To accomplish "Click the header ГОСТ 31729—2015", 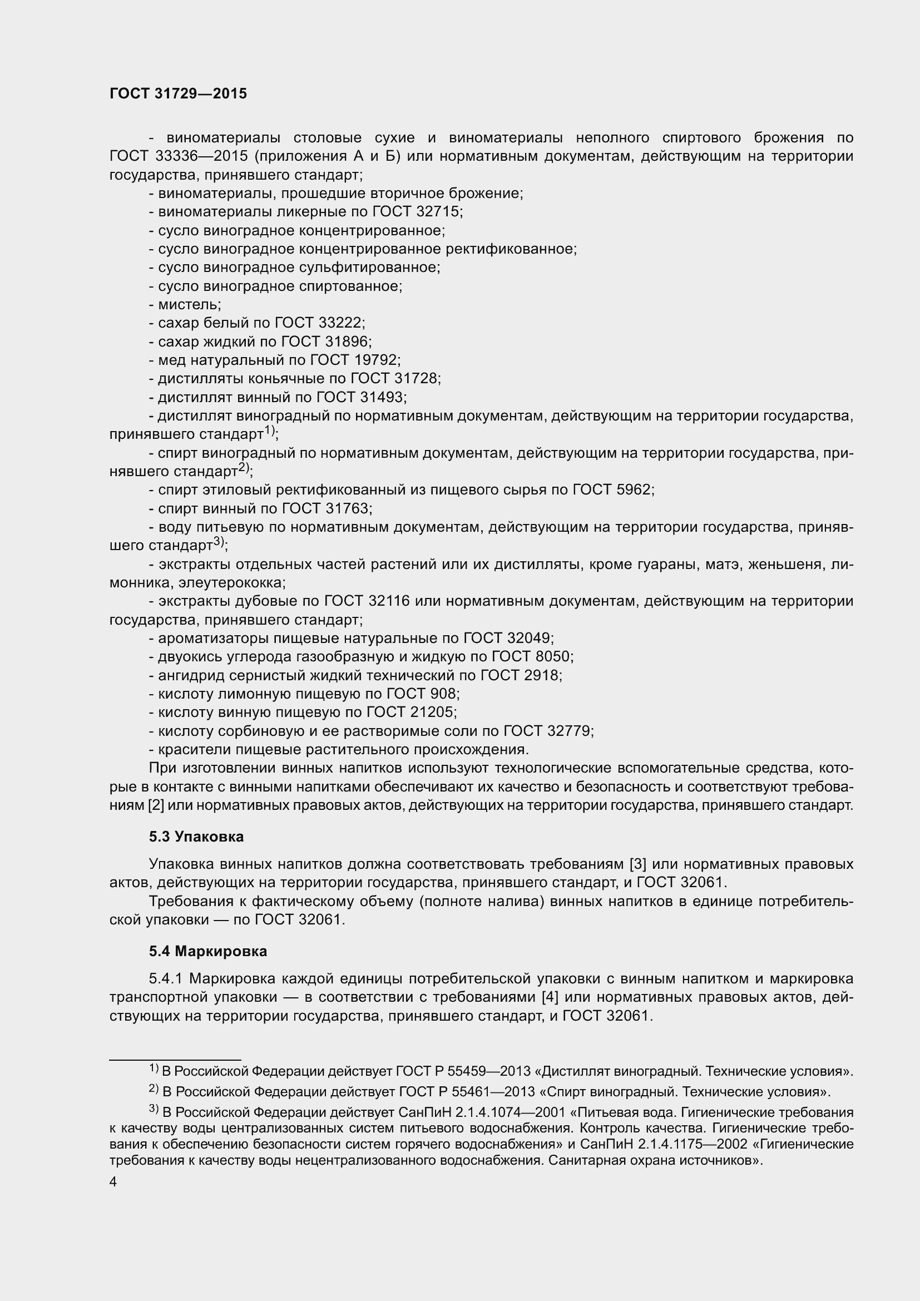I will point(178,94).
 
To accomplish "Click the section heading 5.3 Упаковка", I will point(196,837).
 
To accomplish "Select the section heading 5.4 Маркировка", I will point(208,951).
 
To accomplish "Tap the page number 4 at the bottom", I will point(113,1182).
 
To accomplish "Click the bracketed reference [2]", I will point(156,805).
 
